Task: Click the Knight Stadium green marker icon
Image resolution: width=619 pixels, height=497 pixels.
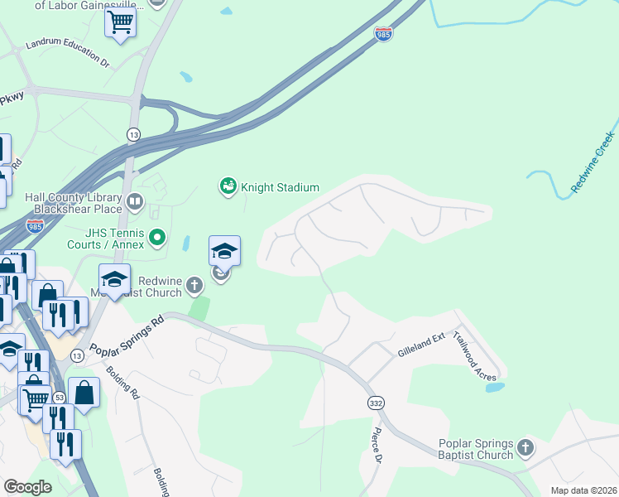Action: coord(228,187)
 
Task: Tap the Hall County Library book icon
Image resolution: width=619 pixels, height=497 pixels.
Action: coord(134,200)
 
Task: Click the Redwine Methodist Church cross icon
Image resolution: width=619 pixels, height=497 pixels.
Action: coord(194,287)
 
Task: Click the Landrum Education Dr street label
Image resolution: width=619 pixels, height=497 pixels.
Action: coord(67,51)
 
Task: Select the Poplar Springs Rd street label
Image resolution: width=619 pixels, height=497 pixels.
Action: coord(127,332)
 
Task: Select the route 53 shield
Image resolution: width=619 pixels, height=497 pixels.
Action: coord(60,398)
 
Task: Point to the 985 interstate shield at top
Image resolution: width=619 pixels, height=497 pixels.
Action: coord(383,34)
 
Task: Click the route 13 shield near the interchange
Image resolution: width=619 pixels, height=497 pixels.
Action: coord(133,134)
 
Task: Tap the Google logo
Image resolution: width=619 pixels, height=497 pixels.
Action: coord(28,486)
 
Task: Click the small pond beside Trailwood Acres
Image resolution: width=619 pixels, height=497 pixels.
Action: coord(494,387)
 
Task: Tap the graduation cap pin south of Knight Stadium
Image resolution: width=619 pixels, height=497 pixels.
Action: coord(224,250)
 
